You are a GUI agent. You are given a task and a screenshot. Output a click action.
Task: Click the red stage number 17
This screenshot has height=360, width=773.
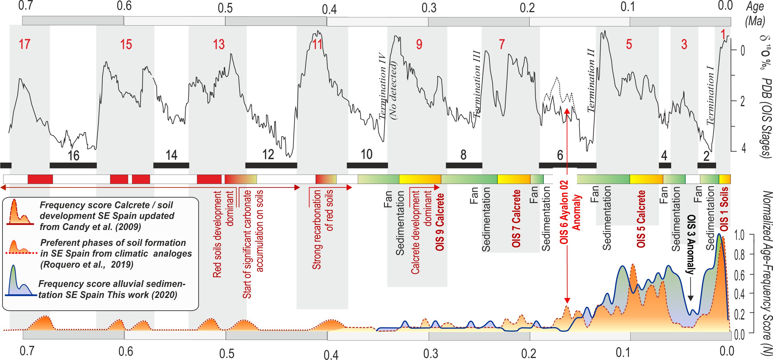click(24, 44)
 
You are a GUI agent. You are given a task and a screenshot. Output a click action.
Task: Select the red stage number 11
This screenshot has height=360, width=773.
click(317, 44)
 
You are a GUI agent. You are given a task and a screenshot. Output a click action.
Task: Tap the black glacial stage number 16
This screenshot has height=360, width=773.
click(73, 155)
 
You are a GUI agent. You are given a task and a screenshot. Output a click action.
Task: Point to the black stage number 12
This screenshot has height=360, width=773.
click(268, 155)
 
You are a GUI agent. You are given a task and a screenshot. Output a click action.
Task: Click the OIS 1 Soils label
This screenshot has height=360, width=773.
click(724, 209)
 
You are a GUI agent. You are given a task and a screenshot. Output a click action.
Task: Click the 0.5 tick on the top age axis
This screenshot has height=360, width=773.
click(225, 8)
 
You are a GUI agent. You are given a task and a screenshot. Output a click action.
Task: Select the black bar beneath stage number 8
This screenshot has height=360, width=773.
click(464, 165)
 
